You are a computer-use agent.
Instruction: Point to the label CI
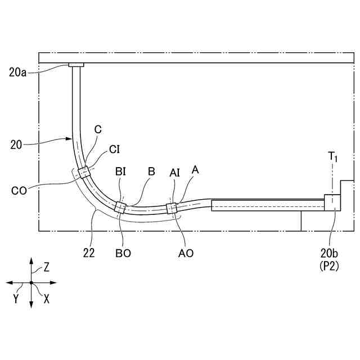point(115,150)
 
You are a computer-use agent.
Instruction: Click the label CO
point(19,190)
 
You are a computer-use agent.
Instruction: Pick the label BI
point(120,171)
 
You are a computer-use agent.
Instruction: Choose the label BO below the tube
point(123,253)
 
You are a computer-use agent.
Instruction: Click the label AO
point(186,253)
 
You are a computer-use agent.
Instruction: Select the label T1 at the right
point(334,157)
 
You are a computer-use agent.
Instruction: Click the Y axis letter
point(17,299)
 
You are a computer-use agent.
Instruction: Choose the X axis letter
point(46,299)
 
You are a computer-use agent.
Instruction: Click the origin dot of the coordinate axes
point(31,282)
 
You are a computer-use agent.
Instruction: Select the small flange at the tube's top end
point(76,65)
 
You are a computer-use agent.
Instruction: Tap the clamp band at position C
point(84,172)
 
